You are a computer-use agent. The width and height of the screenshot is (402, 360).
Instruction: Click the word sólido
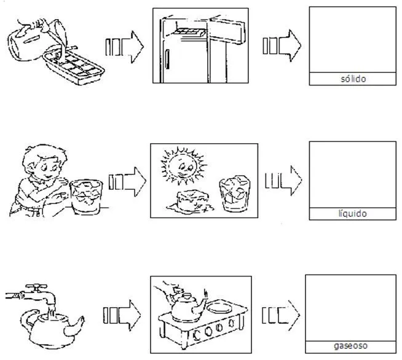352,79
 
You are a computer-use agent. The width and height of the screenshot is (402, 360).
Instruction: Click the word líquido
352,214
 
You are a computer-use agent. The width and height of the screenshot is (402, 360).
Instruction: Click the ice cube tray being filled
76,65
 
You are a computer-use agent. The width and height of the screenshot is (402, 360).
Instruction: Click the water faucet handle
39,287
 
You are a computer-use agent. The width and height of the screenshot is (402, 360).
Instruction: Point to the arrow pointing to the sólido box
282,47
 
